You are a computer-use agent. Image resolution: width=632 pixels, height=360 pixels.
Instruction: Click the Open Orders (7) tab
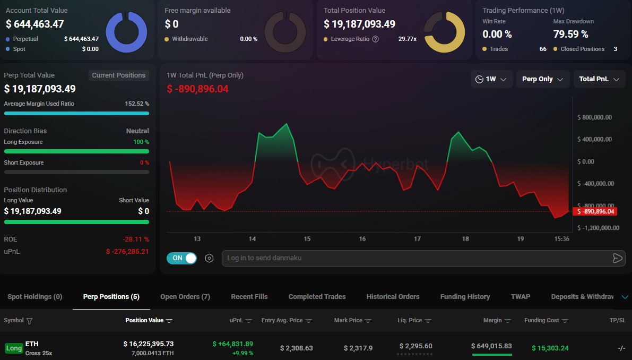(x=185, y=297)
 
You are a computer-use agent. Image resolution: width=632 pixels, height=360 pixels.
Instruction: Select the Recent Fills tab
(x=249, y=297)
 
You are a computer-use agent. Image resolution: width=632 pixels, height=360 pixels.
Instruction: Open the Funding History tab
(x=465, y=297)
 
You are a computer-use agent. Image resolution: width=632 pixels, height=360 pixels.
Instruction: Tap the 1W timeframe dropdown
(x=491, y=79)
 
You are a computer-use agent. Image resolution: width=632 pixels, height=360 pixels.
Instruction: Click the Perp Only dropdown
(x=542, y=79)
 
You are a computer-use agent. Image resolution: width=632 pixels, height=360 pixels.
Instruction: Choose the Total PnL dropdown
(x=599, y=79)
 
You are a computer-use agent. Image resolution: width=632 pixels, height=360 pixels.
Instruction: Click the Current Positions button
(x=118, y=75)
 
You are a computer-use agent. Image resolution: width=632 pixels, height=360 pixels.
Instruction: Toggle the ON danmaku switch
(x=181, y=258)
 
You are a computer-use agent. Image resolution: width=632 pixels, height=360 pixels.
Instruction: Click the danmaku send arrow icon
(x=617, y=258)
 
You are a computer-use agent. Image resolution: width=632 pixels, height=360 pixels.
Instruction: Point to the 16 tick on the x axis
(x=362, y=239)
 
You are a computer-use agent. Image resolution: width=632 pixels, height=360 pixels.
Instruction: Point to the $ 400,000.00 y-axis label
(x=594, y=140)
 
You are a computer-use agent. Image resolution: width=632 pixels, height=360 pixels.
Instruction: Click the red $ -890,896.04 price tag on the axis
(x=595, y=211)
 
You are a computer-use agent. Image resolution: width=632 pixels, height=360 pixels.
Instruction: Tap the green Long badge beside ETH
(x=14, y=348)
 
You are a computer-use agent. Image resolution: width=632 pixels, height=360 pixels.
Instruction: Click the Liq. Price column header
(x=414, y=321)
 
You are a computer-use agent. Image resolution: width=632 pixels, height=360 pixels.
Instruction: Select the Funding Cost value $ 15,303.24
(x=550, y=348)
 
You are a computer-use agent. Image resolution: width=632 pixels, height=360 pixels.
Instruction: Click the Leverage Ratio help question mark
(x=376, y=39)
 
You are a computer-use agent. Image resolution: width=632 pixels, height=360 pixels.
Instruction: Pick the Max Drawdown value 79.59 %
(x=570, y=35)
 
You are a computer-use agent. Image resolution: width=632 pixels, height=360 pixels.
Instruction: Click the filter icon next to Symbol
(x=29, y=321)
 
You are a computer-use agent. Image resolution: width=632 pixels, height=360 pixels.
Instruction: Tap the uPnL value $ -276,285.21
(x=127, y=251)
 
